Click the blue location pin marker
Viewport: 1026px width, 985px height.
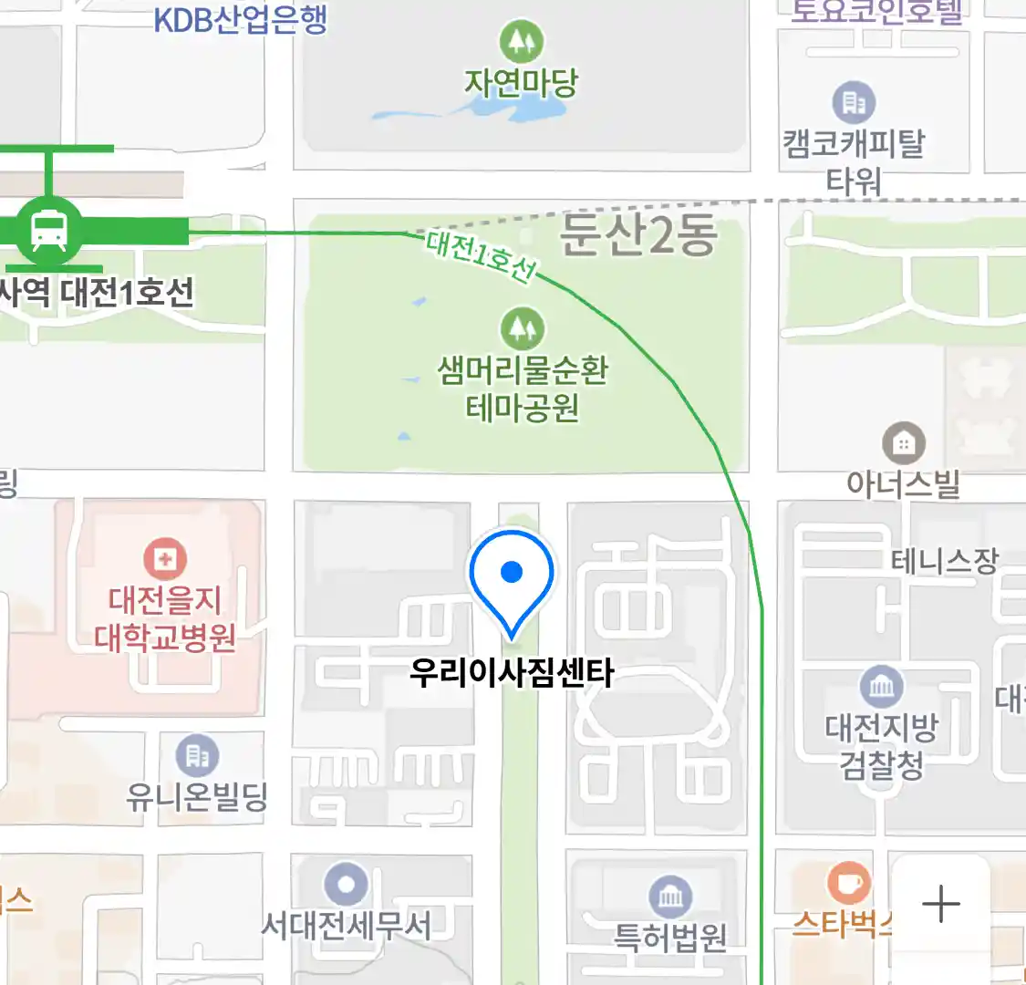coord(512,574)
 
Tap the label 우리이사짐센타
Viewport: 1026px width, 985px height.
coord(511,673)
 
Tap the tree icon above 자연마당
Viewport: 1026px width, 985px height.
coord(522,41)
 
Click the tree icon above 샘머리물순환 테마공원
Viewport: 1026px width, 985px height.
coord(522,328)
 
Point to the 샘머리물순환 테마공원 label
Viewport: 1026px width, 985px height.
coord(523,389)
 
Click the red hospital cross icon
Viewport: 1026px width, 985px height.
coord(165,557)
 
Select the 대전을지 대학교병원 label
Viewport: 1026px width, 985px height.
coord(165,618)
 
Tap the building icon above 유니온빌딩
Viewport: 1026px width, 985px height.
coord(197,755)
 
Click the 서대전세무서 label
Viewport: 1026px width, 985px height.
coord(346,926)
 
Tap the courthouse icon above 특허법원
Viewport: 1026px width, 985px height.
coord(670,897)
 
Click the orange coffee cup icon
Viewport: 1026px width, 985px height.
coord(849,882)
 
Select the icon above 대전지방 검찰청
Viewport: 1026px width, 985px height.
coord(881,686)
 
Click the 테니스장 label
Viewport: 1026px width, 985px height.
coord(944,560)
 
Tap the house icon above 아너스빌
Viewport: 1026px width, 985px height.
coord(904,444)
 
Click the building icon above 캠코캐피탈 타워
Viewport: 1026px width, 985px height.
coord(854,102)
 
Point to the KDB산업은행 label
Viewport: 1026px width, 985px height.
coord(241,19)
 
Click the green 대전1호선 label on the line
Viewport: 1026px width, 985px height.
coord(481,256)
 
